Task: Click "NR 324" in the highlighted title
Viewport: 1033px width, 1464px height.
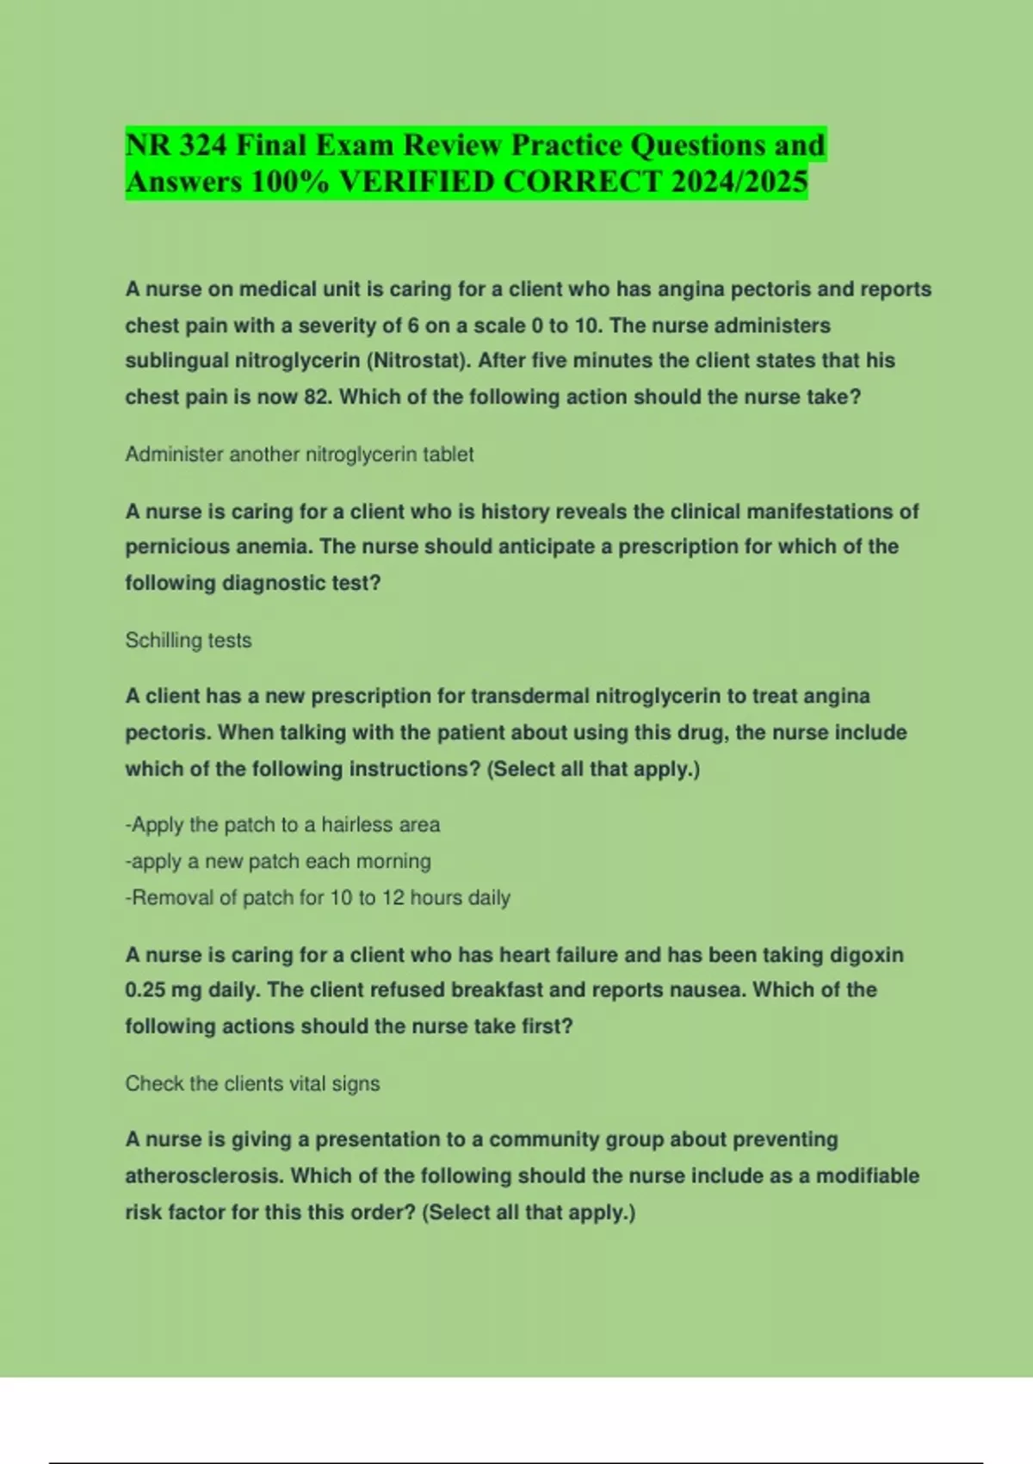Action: [176, 145]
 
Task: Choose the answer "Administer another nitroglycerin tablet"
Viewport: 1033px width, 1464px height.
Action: [299, 454]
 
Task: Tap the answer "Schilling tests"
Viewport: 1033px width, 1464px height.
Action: [188, 640]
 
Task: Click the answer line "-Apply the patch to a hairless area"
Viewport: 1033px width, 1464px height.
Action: [282, 825]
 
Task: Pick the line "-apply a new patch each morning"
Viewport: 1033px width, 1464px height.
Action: [278, 861]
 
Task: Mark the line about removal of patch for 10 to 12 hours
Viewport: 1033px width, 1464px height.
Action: [318, 897]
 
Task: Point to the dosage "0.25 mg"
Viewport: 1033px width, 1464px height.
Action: [163, 990]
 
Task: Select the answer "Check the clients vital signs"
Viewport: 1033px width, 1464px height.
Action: [252, 1083]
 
